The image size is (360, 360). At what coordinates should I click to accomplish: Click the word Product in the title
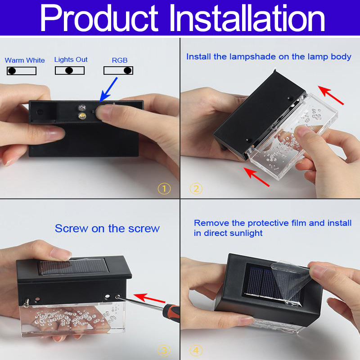click(99, 18)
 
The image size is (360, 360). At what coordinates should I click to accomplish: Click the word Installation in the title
click(247, 18)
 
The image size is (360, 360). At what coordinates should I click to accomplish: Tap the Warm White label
click(25, 60)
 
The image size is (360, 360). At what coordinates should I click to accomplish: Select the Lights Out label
click(71, 59)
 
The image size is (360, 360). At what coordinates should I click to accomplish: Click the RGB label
click(120, 60)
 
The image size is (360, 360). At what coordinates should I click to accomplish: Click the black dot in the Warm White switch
click(12, 71)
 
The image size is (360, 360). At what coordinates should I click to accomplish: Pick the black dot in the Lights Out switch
click(69, 71)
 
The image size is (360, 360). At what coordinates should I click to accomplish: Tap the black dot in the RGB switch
click(128, 71)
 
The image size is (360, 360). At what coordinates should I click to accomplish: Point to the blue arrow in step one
click(108, 90)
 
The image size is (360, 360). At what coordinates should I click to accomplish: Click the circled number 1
click(164, 189)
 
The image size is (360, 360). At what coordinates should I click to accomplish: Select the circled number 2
click(196, 189)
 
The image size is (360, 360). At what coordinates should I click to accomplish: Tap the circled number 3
click(164, 351)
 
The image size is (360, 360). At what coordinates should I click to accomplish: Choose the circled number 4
click(196, 351)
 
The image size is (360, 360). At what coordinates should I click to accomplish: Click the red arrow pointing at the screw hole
click(149, 298)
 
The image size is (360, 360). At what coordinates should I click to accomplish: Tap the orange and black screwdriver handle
click(171, 310)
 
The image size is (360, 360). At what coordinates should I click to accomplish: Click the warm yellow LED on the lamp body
click(82, 116)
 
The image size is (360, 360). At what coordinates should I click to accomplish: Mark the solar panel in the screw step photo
click(73, 266)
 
